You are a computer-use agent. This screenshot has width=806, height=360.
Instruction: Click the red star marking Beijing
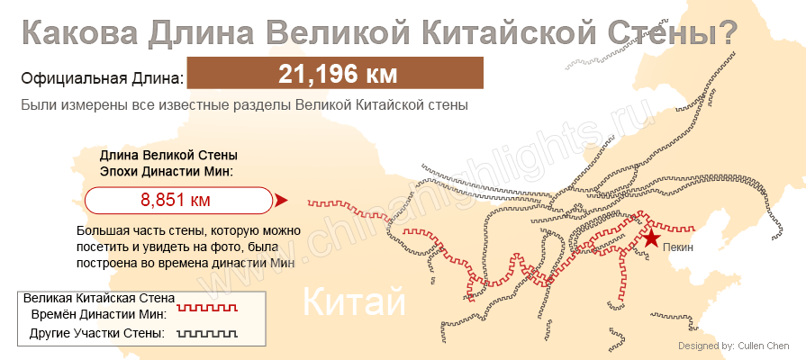(x=651, y=238)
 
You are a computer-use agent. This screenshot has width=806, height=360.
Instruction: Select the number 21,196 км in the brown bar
(x=338, y=74)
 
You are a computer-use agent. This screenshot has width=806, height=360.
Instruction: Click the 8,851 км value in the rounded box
(x=176, y=200)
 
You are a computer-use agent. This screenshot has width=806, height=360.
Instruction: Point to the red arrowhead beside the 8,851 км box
(x=280, y=200)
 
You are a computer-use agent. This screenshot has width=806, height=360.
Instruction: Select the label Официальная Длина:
(x=102, y=78)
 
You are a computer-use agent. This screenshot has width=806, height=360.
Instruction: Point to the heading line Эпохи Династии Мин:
(x=167, y=171)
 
